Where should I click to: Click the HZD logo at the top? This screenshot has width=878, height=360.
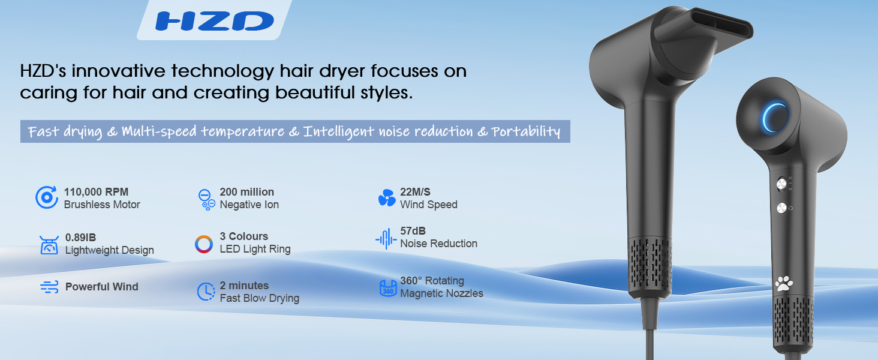coord(214,21)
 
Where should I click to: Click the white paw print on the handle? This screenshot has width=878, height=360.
coord(784,283)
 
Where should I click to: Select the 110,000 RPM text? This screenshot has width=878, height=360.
coord(97,192)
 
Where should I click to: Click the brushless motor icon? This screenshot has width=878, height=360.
coord(46,197)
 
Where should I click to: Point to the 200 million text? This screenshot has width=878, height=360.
coord(246,192)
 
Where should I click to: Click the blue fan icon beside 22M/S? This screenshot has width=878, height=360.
coord(387,198)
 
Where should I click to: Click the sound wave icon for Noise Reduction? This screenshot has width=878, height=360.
coord(386,239)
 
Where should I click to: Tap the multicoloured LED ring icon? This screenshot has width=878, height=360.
coord(204,244)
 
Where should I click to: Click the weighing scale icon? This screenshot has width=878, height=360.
coord(49,245)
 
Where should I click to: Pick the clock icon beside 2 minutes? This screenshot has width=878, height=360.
coord(206,292)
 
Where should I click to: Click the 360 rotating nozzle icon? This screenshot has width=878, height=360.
coord(387,288)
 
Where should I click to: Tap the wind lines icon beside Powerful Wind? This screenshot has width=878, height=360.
coord(49,287)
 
